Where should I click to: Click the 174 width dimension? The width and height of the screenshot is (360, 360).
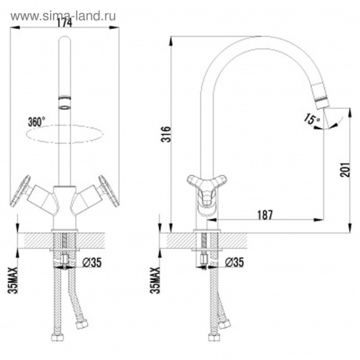66,23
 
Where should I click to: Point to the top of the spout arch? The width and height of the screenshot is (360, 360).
250,39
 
